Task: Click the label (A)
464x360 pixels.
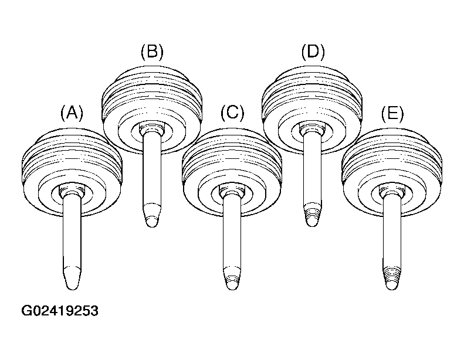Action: coord(72,113)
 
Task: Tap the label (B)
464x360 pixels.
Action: coord(152,52)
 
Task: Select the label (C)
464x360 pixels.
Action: coord(232,113)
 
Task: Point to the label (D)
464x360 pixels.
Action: coord(313,52)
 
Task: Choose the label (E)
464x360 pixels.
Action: coord(392,113)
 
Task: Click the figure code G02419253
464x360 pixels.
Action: coord(60,311)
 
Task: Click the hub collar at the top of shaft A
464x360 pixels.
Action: coord(71,191)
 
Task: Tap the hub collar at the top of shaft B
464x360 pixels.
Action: coord(151,128)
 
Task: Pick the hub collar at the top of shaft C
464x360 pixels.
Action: coord(231,191)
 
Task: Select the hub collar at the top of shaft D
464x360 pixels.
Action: coord(312,128)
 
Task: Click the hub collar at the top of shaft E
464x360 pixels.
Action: coord(391,191)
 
